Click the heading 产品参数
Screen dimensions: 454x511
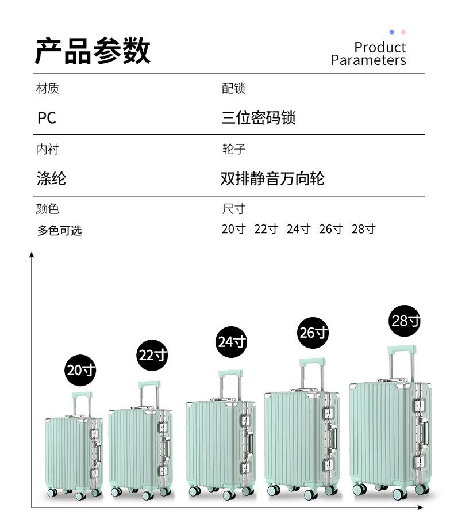pyautogui.click(x=93, y=51)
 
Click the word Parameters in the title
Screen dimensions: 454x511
pyautogui.click(x=368, y=60)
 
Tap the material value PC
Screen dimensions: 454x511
pyautogui.click(x=47, y=118)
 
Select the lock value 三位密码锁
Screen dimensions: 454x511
pyautogui.click(x=259, y=118)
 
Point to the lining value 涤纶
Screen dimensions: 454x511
pyautogui.click(x=51, y=178)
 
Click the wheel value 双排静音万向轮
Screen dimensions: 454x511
pyautogui.click(x=272, y=178)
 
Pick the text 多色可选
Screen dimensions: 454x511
pyautogui.click(x=60, y=231)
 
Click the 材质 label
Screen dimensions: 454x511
pyautogui.click(x=47, y=88)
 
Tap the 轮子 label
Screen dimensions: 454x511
pyautogui.click(x=234, y=149)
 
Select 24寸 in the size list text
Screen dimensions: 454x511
pyautogui.click(x=298, y=229)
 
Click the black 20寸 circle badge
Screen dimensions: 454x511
pyautogui.click(x=80, y=370)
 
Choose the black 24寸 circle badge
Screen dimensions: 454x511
pyautogui.click(x=232, y=342)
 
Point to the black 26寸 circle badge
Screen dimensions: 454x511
pyautogui.click(x=314, y=333)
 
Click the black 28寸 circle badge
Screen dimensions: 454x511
pyautogui.click(x=405, y=321)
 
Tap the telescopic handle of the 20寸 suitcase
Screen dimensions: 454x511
pyautogui.click(x=82, y=403)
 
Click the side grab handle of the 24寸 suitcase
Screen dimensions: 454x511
pyautogui.click(x=250, y=443)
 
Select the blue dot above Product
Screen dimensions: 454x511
pyautogui.click(x=392, y=32)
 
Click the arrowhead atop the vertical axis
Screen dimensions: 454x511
pyautogui.click(x=32, y=254)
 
